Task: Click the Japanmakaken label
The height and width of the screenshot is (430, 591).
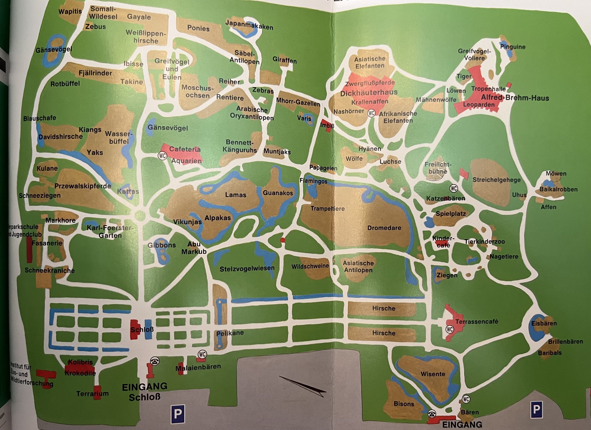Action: coord(249,25)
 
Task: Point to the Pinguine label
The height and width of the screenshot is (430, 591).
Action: coord(513,47)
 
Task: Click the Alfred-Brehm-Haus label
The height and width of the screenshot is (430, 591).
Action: coord(515,98)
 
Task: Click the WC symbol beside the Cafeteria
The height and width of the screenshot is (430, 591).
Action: coord(162,156)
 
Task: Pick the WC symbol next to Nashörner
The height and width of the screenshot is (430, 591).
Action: coord(371,113)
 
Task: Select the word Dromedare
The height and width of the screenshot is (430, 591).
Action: coord(384,228)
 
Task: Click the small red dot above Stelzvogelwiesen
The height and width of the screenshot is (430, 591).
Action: coord(282,240)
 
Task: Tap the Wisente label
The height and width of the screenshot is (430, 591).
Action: coord(433,374)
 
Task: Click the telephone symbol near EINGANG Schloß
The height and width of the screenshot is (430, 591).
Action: coord(155,361)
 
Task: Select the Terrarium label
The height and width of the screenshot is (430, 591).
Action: coord(92,394)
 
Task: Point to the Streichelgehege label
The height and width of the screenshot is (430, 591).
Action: coord(496,180)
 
